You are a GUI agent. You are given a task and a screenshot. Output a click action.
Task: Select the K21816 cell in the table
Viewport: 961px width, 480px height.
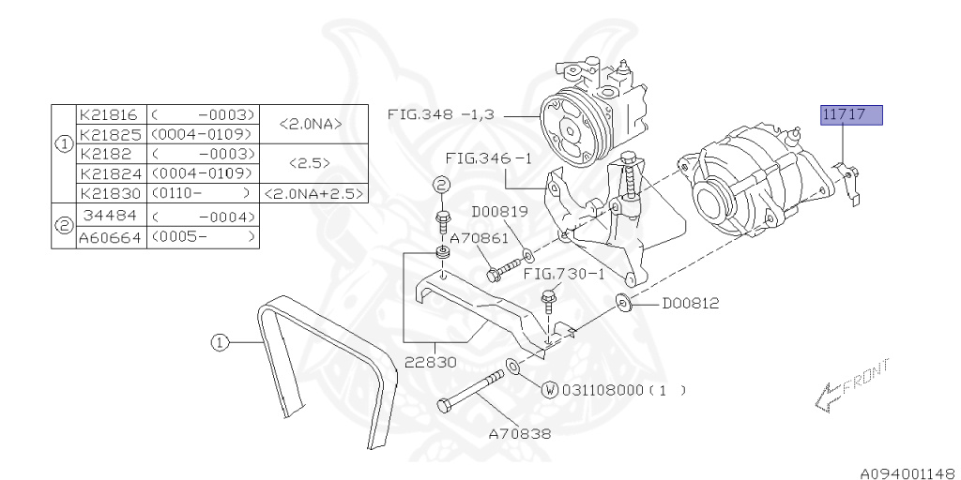(110, 116)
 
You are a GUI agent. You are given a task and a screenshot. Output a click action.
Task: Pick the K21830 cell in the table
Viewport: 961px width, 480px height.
(110, 193)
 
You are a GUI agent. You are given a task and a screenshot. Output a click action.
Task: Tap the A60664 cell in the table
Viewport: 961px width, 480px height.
(110, 238)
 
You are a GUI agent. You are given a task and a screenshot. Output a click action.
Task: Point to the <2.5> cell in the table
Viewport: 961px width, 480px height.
(311, 162)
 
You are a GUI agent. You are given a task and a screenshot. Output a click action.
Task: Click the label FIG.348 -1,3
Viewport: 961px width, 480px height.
(445, 114)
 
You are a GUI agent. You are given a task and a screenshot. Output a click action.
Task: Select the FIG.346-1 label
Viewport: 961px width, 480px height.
(488, 158)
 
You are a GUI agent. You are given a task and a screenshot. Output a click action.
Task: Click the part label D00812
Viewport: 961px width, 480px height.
(691, 303)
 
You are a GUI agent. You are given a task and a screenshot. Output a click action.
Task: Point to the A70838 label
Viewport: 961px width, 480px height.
(519, 434)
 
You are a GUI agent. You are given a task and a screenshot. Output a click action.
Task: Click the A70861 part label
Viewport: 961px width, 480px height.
(479, 239)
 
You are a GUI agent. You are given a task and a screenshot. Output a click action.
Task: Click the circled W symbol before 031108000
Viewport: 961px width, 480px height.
(550, 389)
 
